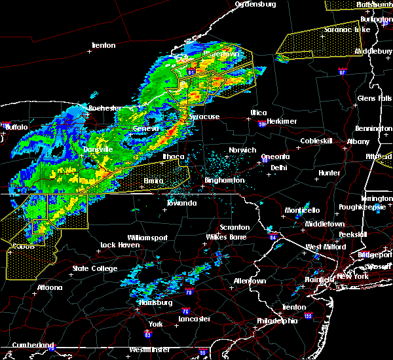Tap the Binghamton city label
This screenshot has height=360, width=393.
(224, 179)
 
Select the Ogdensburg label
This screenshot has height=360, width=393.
(257, 4)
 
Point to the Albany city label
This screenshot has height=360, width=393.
(358, 141)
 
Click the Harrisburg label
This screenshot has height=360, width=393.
(156, 303)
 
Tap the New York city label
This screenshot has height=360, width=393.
(352, 277)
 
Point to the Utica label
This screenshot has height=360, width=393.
(259, 113)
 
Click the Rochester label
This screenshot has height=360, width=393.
(105, 107)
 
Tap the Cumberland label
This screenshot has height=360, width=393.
(28, 345)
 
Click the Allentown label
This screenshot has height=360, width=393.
(248, 281)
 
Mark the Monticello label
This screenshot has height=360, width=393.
(302, 210)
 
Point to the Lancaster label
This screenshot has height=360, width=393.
(195, 319)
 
